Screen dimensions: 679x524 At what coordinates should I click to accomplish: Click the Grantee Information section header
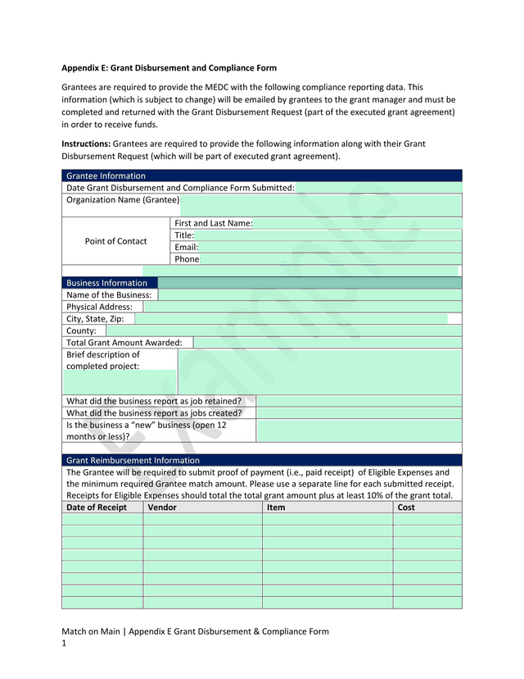coord(106,175)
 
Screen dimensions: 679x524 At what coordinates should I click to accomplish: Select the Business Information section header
coord(106,283)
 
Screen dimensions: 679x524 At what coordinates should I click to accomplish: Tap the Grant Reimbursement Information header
coord(133,460)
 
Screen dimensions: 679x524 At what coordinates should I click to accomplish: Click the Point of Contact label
coord(116,241)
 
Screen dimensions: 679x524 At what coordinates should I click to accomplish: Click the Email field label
coord(186,247)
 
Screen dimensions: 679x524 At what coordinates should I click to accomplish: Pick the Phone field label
coord(187,259)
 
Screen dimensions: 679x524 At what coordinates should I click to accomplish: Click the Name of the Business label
coord(109,294)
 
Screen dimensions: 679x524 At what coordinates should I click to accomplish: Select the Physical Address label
coord(99,307)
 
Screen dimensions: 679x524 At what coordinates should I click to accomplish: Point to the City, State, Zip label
coord(95,319)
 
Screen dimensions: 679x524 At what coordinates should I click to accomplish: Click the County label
coord(81,330)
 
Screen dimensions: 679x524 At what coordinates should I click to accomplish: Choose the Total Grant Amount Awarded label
coord(124,343)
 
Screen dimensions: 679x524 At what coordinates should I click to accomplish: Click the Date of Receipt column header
coord(97,508)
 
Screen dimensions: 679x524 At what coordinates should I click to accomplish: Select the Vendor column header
coord(162,508)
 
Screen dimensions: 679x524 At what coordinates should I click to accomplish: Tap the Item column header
coord(277,508)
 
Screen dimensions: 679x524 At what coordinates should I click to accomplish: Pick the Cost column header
coord(406,508)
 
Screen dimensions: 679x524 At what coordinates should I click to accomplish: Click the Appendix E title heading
coord(169,68)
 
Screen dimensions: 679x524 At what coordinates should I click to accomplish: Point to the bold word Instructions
coord(86,144)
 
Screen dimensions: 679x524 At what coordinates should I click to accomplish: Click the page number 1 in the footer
coord(64,644)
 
